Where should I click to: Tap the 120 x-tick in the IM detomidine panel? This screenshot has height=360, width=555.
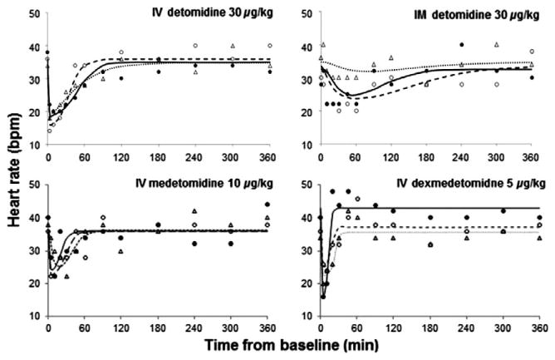click(x=395, y=158)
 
